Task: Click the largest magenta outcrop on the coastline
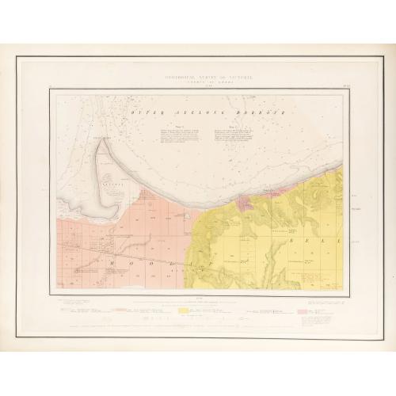pos(266,192)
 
